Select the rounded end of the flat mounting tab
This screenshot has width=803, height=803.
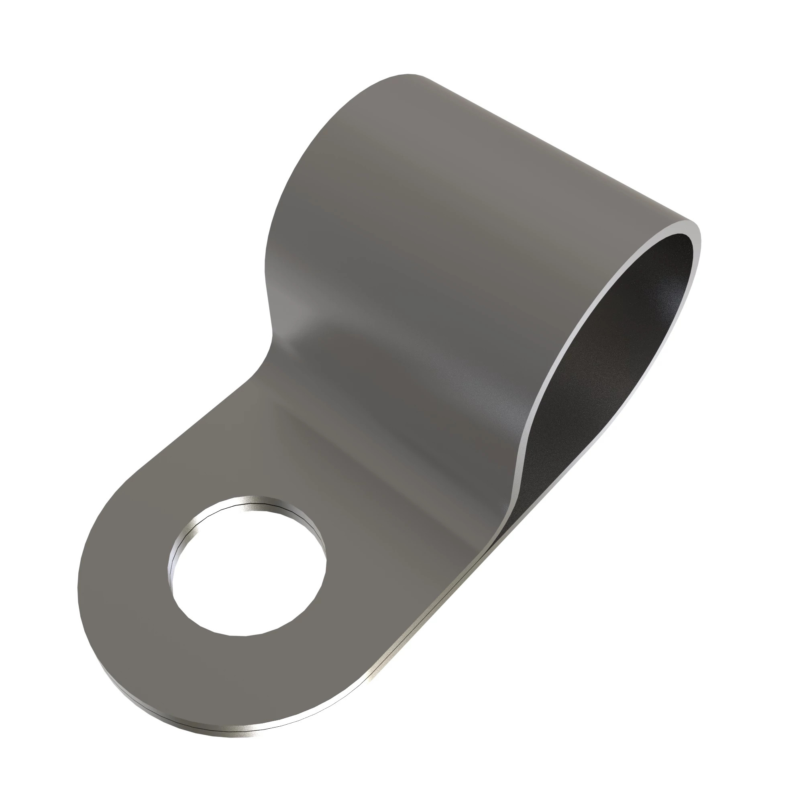click(x=96, y=624)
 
